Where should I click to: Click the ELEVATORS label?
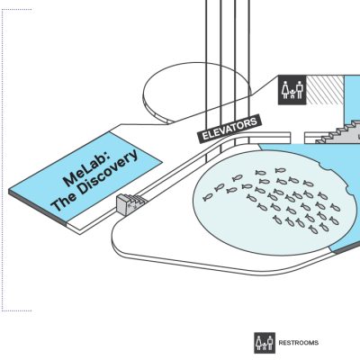click(x=229, y=129)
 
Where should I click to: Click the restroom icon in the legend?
click(x=265, y=343)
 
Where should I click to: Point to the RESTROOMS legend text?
click(x=299, y=343)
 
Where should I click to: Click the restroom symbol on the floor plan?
click(x=292, y=90)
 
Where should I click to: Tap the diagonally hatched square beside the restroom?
click(x=325, y=90)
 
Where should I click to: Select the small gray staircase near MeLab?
click(x=130, y=203)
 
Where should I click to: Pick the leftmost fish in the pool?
click(x=208, y=197)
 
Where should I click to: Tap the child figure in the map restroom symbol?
click(x=292, y=94)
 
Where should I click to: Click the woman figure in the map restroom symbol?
click(x=285, y=90)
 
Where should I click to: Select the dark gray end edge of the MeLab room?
click(x=37, y=208)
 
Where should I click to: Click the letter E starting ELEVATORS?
click(x=205, y=136)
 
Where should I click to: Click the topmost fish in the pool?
click(x=280, y=170)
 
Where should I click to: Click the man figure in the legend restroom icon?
click(x=270, y=343)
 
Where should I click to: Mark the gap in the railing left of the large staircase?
click(x=298, y=138)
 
